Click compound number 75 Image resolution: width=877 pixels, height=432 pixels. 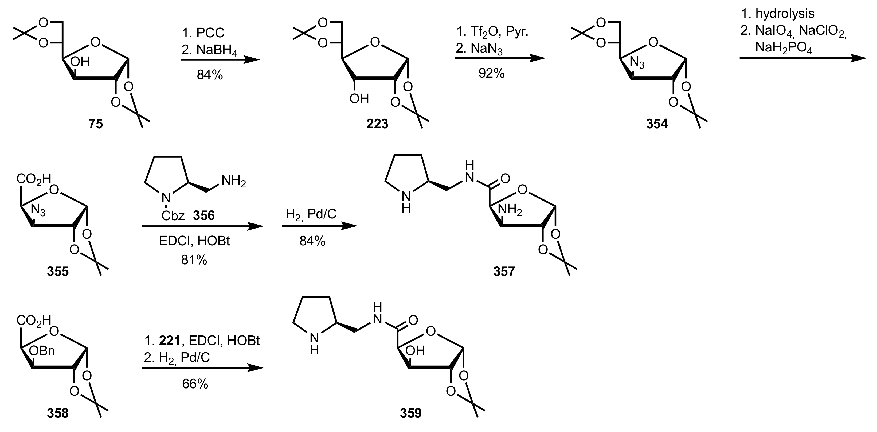coord(96,124)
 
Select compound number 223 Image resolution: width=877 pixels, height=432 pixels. coord(377,124)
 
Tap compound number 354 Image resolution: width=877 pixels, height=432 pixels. coord(657,124)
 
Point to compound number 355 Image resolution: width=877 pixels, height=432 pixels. coord(58,271)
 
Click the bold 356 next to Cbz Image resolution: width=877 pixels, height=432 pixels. coord(204,215)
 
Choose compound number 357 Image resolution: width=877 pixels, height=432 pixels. coord(504,271)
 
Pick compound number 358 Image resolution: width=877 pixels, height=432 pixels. coord(58,413)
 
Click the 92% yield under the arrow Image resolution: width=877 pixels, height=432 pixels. coord(491,73)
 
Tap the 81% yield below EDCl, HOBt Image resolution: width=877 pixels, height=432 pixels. coord(194,260)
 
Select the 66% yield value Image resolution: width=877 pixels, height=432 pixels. coord(195,384)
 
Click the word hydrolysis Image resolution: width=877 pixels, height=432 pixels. coord(785,14)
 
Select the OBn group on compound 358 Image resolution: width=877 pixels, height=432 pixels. coord(42,351)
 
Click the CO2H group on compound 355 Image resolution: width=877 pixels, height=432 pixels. coord(34,179)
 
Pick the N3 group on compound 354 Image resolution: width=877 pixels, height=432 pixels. coord(637,63)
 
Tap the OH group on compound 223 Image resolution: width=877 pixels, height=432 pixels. coord(359,99)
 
